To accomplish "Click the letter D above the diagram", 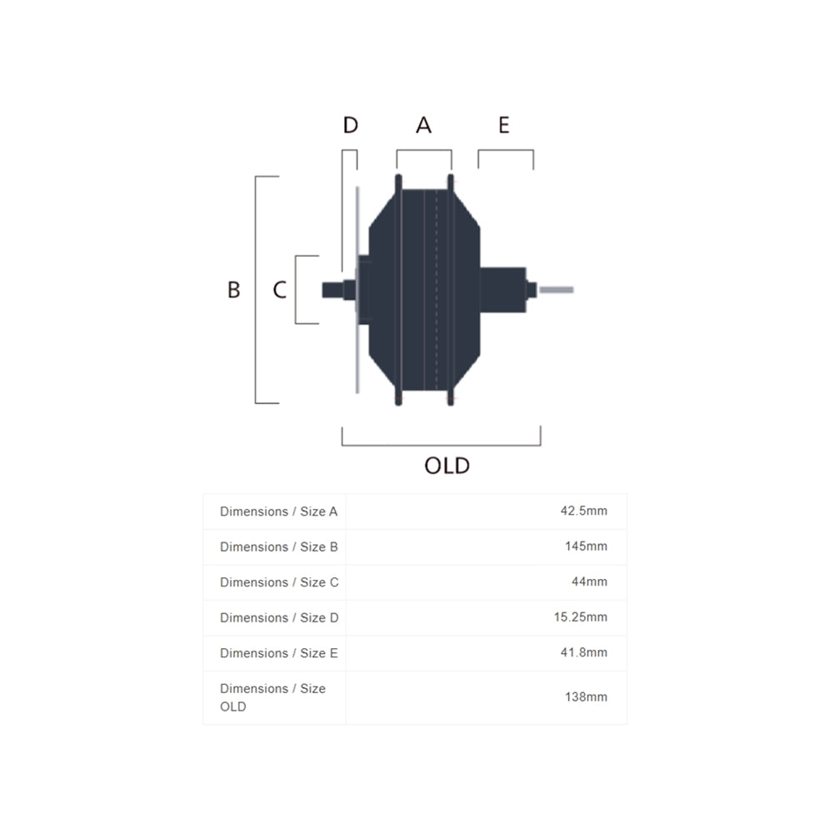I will tap(350, 125).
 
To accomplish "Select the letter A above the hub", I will tap(424, 125).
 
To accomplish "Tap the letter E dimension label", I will tap(503, 125).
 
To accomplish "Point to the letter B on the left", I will tap(234, 290).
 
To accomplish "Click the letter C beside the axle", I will tap(280, 290).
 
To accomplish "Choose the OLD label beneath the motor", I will tap(447, 466).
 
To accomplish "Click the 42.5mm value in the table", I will tap(583, 511).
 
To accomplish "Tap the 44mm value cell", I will tap(589, 582).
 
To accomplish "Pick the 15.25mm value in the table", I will tap(581, 617).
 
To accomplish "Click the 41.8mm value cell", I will tap(583, 653).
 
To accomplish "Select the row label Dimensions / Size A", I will tap(278, 511).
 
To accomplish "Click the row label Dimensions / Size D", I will tap(279, 617).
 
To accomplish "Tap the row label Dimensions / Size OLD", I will tap(272, 697).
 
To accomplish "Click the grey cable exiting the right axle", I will tap(556, 290).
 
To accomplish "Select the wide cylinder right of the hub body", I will tap(503, 290).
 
